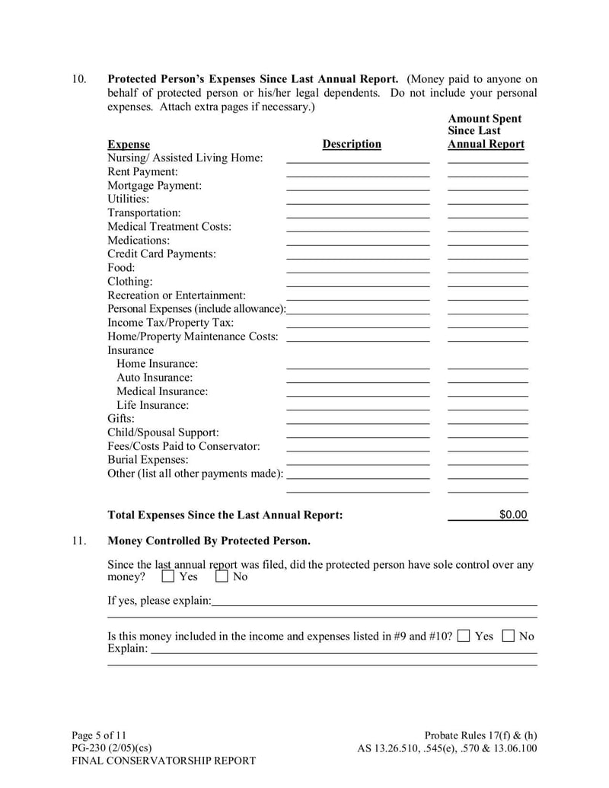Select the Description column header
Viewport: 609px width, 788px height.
[352, 144]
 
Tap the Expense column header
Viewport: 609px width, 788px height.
[129, 145]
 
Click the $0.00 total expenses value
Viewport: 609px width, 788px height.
[512, 515]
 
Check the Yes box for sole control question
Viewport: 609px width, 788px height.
[168, 576]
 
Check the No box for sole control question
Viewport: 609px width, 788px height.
[222, 576]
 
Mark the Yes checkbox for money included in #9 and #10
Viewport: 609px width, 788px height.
[464, 636]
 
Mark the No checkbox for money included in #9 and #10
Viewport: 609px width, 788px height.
[509, 636]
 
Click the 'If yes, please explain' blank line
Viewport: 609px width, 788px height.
[374, 601]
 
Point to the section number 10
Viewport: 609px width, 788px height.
[80, 79]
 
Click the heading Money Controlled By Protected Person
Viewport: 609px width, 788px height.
[209, 541]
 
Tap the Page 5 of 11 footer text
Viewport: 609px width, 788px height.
[99, 735]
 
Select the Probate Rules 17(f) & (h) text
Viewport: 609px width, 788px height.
[480, 735]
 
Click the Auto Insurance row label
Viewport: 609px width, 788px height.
[155, 378]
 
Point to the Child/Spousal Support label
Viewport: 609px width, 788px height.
[163, 432]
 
